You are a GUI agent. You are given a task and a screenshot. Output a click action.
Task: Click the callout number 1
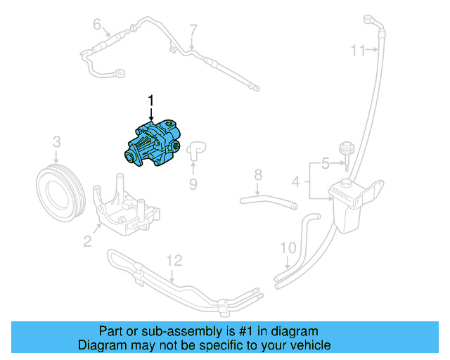(150, 101)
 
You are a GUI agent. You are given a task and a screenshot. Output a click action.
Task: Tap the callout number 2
(87, 242)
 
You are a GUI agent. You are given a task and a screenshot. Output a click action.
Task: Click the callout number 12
(174, 261)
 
